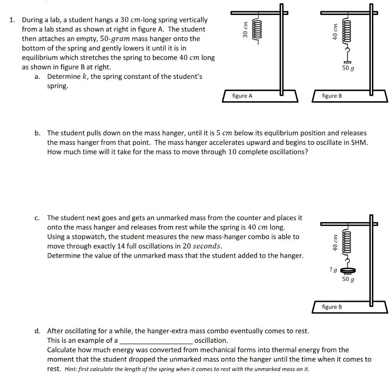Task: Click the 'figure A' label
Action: click(x=242, y=96)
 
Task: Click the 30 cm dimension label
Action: click(x=246, y=29)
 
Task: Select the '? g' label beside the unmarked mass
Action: click(x=333, y=270)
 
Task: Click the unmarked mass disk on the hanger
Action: click(x=347, y=271)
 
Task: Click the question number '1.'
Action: click(x=12, y=20)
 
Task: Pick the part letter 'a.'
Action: click(x=37, y=76)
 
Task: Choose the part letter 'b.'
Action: click(x=37, y=133)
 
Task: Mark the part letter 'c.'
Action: click(x=37, y=218)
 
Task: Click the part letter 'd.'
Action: click(x=37, y=331)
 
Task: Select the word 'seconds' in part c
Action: click(x=207, y=246)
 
